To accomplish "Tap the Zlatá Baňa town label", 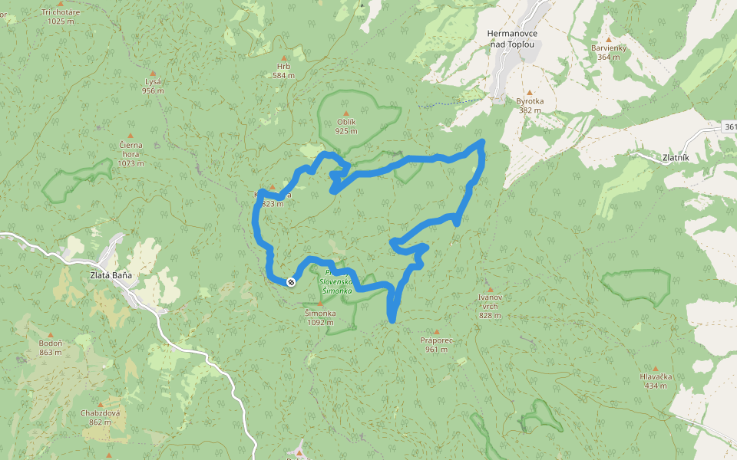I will (103, 274).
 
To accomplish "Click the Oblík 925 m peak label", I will (346, 127).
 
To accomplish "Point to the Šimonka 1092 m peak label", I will (320, 317).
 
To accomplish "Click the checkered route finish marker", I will (291, 282).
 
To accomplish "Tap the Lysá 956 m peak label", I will (153, 86).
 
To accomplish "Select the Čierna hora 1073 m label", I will (131, 153).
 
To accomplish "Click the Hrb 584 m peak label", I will (283, 71).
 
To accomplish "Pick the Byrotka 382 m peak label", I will (529, 105).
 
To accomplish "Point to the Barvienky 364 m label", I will (609, 52).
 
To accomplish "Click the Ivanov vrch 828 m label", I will (490, 305).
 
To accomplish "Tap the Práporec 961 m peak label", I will (435, 344).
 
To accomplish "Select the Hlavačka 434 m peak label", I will (656, 380).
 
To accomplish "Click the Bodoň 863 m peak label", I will (51, 348).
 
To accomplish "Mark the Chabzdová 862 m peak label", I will (100, 417).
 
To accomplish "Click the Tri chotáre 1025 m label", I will (60, 16).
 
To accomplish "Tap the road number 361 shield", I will (729, 127).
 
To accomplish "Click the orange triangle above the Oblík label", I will (345, 113).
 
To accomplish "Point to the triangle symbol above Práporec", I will (435, 330).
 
